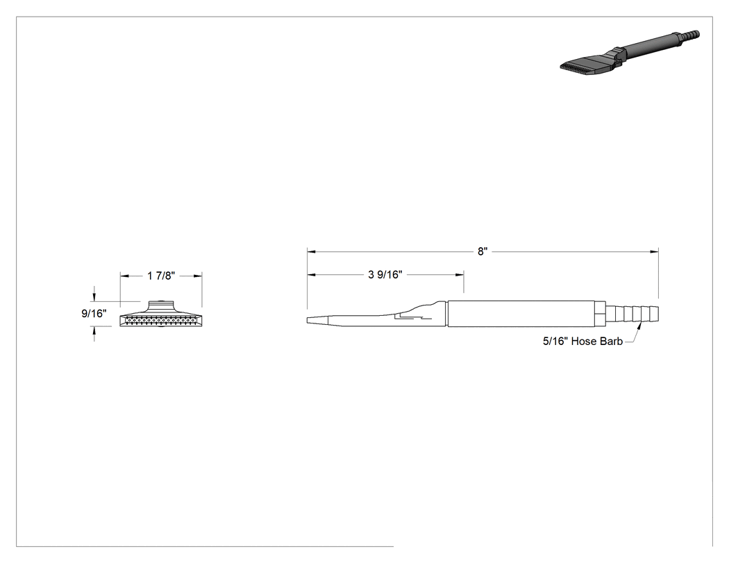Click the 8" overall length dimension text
tap(483, 251)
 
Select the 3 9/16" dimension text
tap(385, 275)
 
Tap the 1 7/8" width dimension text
tap(161, 276)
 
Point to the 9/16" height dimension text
tap(94, 314)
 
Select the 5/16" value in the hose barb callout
tap(555, 342)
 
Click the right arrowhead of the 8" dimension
tap(655, 251)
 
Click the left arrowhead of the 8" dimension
tap(311, 251)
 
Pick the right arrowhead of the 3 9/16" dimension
tap(460, 275)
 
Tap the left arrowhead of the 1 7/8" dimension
tap(124, 276)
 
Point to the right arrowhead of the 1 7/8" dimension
tap(198, 276)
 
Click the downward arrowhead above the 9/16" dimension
tap(95, 297)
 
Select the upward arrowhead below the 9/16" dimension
tap(95, 330)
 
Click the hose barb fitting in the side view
tap(632, 314)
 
